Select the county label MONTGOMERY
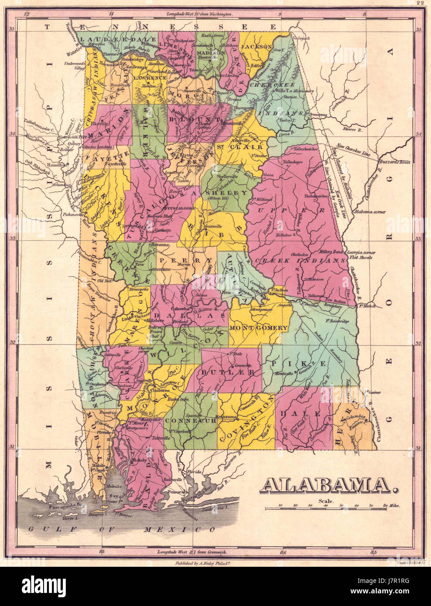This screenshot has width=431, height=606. (x=258, y=327)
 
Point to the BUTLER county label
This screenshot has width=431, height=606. (x=228, y=372)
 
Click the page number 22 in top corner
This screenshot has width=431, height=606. (x=420, y=3)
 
